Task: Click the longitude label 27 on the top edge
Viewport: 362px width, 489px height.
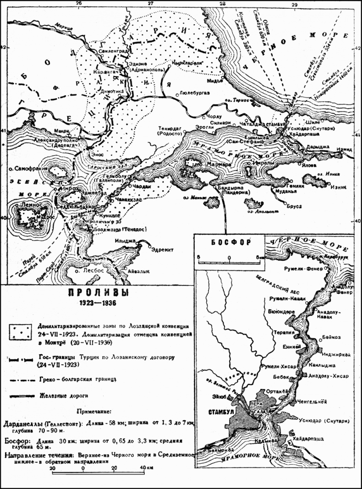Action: coord(150,4)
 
